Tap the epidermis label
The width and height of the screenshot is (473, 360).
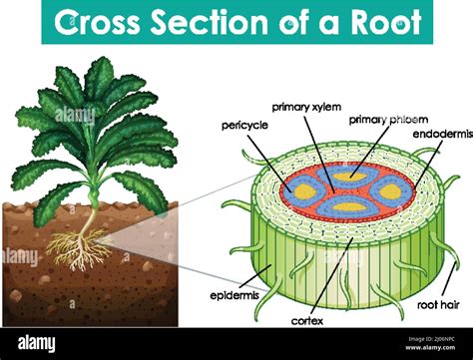click(235, 296)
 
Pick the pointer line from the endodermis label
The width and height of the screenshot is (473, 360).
click(419, 160)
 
